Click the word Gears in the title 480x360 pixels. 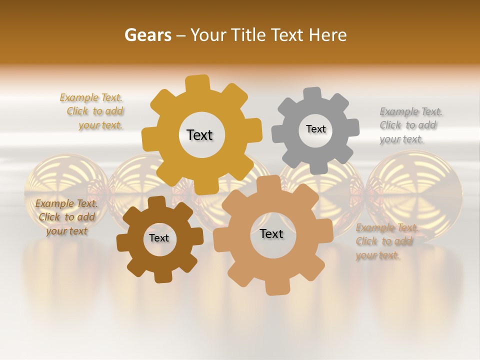click(x=148, y=35)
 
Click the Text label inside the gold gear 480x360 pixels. click(x=199, y=135)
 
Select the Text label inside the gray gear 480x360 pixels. click(x=315, y=129)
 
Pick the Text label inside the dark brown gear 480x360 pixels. click(x=159, y=238)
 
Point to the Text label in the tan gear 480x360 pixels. click(x=271, y=233)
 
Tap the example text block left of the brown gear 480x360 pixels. click(x=66, y=217)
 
